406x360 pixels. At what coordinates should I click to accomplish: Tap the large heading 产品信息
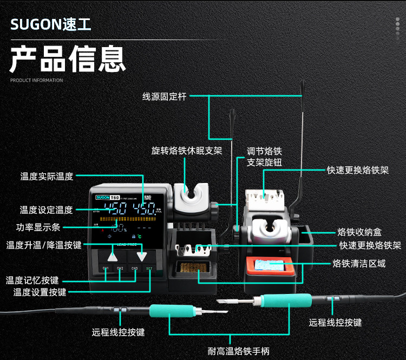click(67, 59)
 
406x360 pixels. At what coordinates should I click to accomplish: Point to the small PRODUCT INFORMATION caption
click(36, 81)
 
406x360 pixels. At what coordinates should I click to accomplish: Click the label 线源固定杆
click(164, 96)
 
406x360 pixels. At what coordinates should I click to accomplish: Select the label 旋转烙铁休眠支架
click(187, 150)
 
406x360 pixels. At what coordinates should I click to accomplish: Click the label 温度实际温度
click(47, 176)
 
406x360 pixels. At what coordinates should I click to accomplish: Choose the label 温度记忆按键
click(32, 280)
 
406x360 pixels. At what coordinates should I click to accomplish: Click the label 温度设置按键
click(40, 292)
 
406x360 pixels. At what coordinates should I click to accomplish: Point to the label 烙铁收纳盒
click(359, 232)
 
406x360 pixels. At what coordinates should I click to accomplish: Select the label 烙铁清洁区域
click(359, 264)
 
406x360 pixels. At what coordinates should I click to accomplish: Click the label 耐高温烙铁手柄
click(239, 351)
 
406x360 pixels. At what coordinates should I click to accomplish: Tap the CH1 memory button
click(106, 269)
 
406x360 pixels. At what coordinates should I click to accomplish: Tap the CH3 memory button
click(134, 269)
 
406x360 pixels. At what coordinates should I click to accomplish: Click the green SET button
click(149, 269)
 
